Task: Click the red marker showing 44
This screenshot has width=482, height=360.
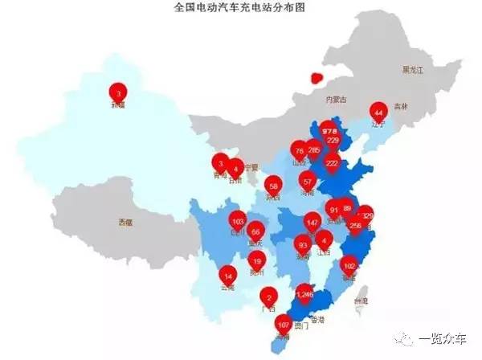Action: (x=378, y=112)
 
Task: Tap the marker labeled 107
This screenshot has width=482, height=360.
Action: (x=283, y=325)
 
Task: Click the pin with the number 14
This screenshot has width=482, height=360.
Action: (x=228, y=276)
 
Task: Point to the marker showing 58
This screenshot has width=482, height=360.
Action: (x=273, y=184)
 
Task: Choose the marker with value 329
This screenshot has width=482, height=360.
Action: (x=367, y=215)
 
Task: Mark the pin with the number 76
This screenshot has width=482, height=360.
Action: (x=300, y=150)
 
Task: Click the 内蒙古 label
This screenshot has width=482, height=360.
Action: (x=334, y=100)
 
